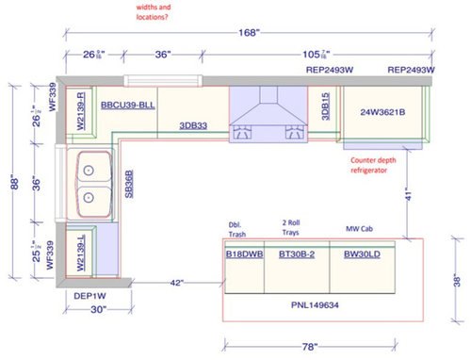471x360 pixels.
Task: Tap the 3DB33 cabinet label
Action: coord(194,124)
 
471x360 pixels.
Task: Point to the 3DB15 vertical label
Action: coord(325,106)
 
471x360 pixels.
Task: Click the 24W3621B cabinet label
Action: coord(382,112)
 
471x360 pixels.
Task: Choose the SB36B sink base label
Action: coord(129,183)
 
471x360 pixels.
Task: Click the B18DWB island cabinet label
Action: coord(243,254)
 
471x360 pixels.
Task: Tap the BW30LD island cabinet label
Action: coord(362,254)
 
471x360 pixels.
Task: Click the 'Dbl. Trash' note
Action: coord(237,231)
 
